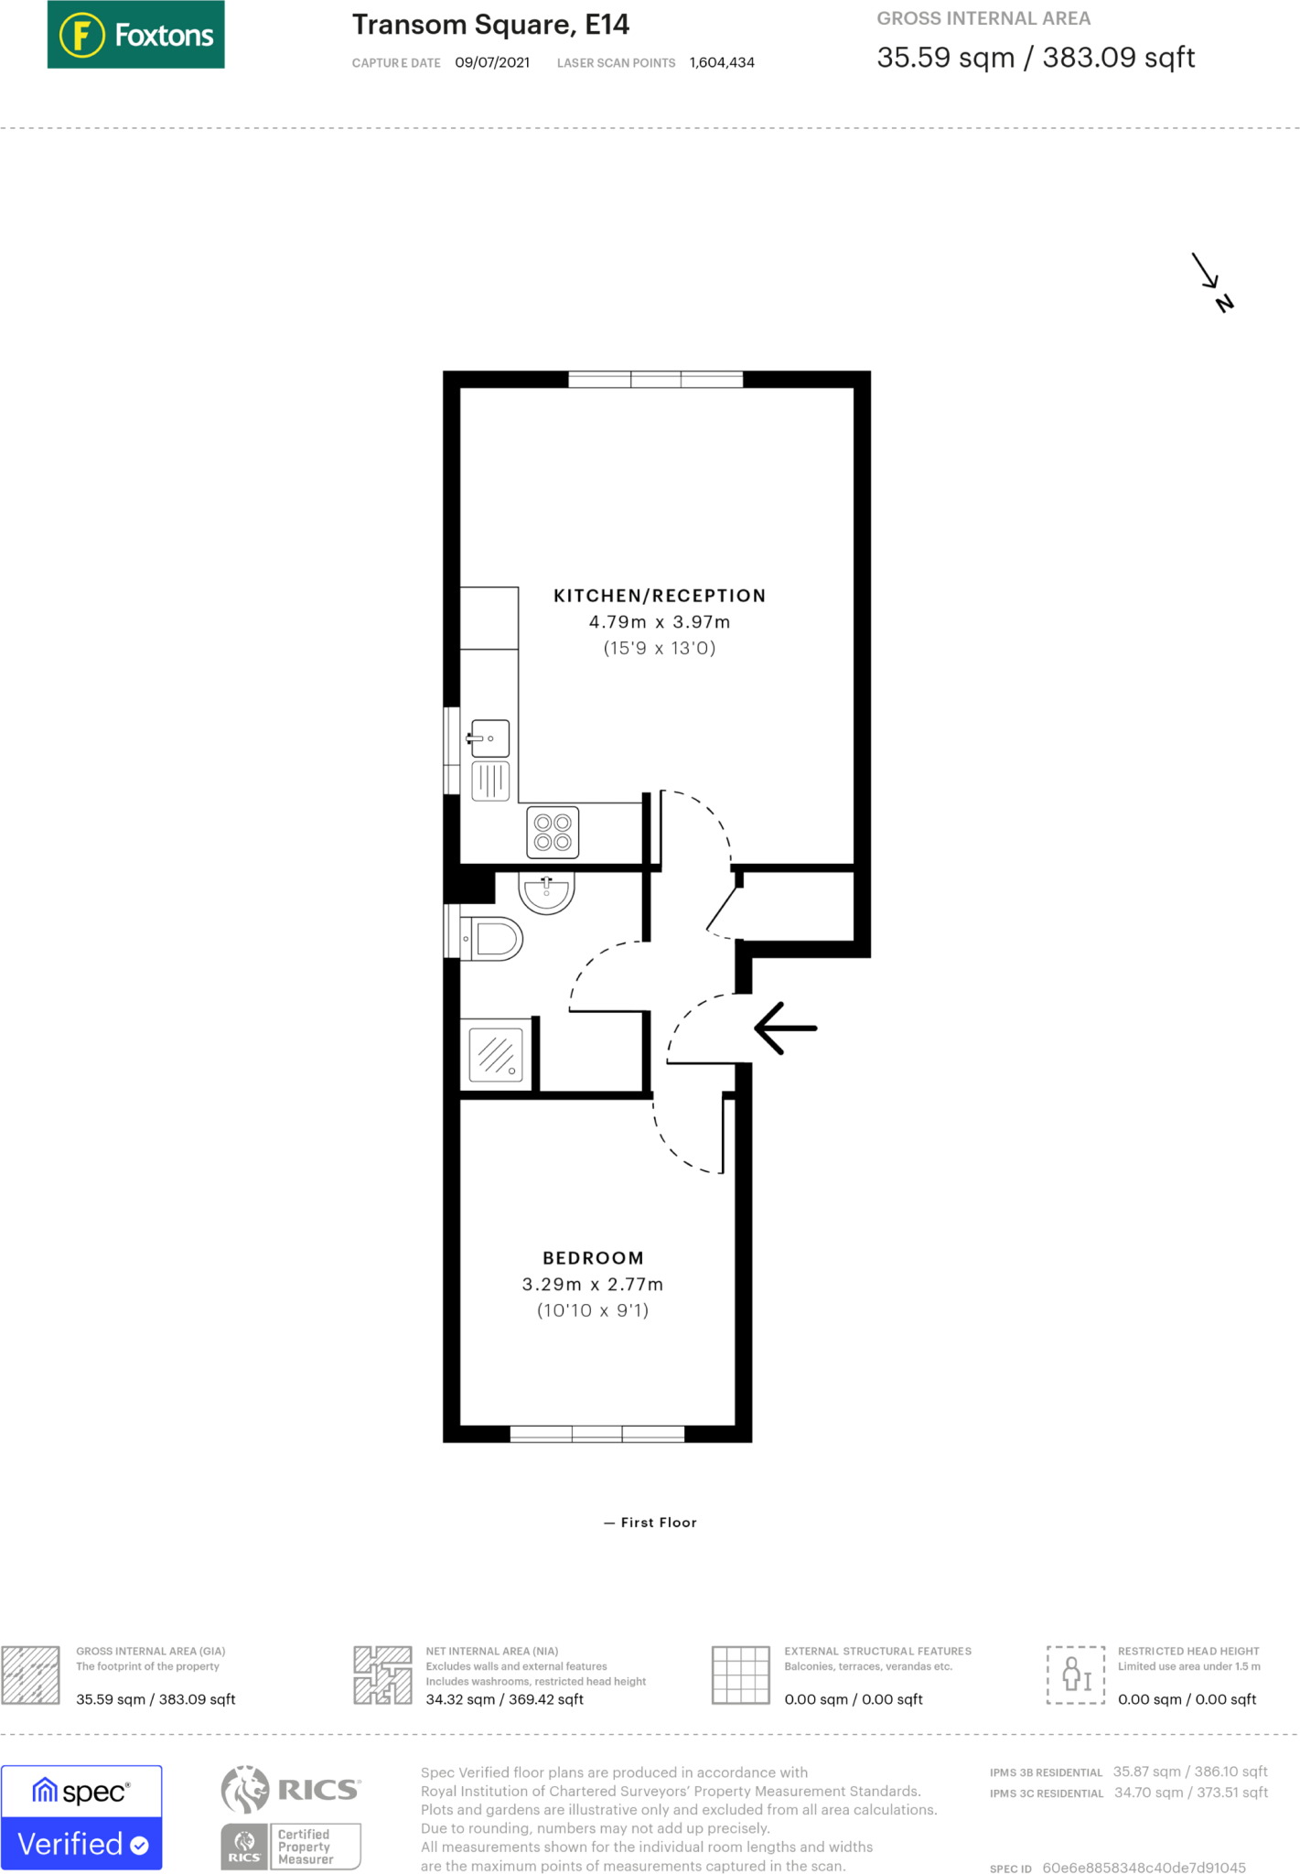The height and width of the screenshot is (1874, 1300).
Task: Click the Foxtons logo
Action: coord(135,35)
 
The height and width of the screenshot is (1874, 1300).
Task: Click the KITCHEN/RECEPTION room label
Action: coord(659,596)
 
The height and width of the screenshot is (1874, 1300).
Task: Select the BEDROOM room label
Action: coord(593,1258)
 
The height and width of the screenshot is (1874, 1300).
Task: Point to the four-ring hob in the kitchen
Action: coord(553,832)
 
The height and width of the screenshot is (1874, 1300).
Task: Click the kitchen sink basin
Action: coord(490,738)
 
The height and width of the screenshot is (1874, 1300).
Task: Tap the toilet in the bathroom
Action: coord(494,939)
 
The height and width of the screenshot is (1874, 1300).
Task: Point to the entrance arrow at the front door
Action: coord(785,1029)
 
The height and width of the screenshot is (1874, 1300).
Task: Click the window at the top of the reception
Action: coord(655,379)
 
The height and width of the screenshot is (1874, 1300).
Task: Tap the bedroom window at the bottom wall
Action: coord(596,1434)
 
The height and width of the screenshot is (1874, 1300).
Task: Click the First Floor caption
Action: coord(650,1522)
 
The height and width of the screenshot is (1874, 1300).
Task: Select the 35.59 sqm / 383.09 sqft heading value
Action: coord(1035,58)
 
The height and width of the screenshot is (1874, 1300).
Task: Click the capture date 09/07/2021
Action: coord(492,62)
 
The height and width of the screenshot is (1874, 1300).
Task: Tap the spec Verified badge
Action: coord(81,1817)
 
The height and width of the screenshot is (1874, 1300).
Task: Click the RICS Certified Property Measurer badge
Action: coord(291,1847)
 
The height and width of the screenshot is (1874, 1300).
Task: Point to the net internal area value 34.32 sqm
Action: coord(504,1699)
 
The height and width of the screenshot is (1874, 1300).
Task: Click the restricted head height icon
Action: coord(1076,1675)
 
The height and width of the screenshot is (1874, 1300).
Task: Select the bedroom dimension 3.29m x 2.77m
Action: coord(593,1284)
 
